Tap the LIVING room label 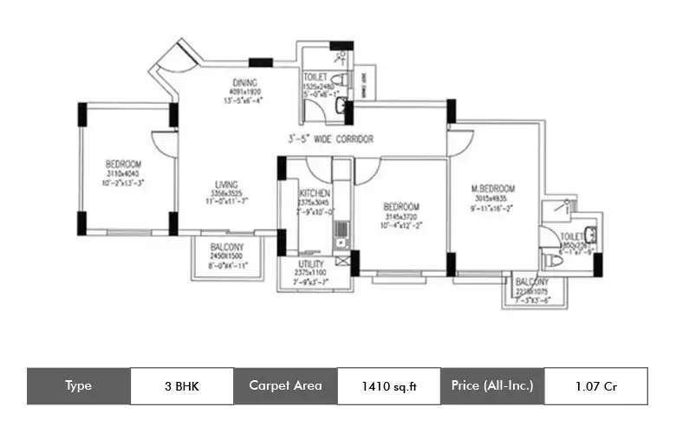click(x=227, y=184)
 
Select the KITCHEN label click(x=311, y=193)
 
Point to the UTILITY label click(x=311, y=263)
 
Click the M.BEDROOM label click(x=493, y=189)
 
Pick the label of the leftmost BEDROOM click(x=123, y=163)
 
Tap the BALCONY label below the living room click(x=227, y=248)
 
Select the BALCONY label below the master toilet click(x=531, y=282)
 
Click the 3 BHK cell click(x=181, y=386)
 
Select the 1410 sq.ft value click(x=388, y=386)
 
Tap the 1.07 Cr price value click(x=595, y=386)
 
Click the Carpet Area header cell click(x=285, y=386)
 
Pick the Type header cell click(x=78, y=386)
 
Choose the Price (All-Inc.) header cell click(x=492, y=386)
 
